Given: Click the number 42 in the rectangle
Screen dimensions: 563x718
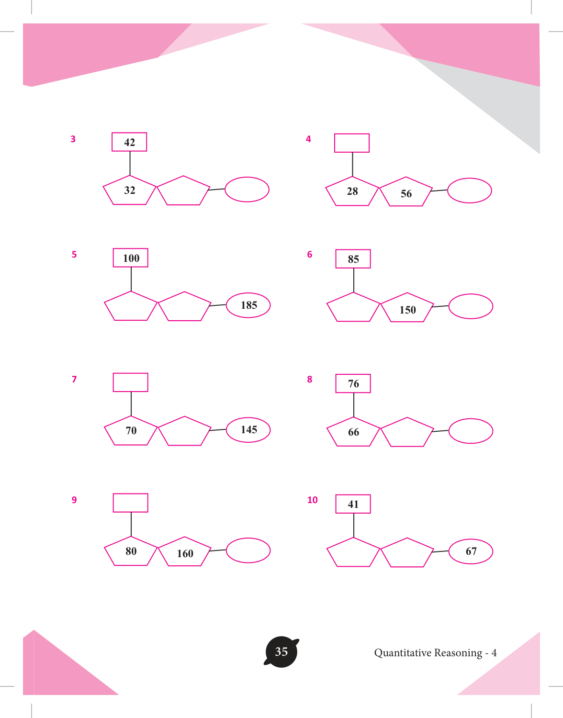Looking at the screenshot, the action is (130, 143).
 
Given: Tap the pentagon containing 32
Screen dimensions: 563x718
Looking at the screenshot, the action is (130, 191).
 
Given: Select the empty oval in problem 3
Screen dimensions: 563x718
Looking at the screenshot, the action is (247, 190).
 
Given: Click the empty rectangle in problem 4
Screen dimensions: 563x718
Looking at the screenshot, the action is (352, 143).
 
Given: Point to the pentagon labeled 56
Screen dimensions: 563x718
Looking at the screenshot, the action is (405, 192).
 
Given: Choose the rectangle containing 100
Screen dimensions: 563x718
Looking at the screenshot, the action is (131, 258).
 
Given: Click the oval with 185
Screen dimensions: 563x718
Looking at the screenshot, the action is (248, 305).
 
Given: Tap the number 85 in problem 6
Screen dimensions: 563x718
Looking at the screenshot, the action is (353, 259).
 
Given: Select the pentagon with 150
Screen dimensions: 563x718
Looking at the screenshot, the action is (407, 308).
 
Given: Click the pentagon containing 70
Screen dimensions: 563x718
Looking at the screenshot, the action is (131, 431).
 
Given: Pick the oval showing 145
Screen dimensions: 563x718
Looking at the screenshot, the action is (248, 430).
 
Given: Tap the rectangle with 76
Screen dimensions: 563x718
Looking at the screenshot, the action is (353, 383).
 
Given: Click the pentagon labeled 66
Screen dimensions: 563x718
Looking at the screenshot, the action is (353, 432).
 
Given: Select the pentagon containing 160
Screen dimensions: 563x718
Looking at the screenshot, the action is (184, 552).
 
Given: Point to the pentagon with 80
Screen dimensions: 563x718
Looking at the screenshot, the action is (131, 551).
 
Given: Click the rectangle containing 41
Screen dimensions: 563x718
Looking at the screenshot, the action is (353, 504).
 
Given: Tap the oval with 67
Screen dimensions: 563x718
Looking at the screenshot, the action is (471, 551).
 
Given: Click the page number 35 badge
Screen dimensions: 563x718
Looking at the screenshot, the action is (281, 652).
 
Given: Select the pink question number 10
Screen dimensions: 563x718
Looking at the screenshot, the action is (312, 500).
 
